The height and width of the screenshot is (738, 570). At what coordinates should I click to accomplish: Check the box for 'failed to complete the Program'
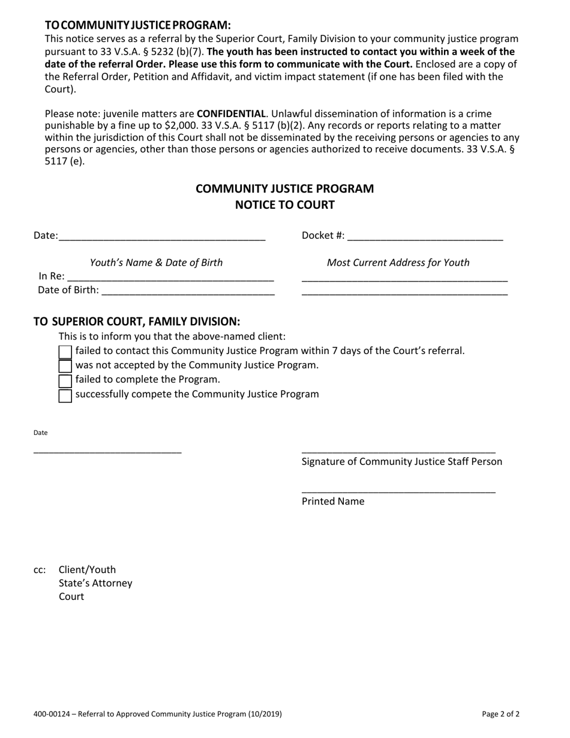coord(65,380)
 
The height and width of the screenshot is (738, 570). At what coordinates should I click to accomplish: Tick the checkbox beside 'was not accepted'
coord(65,366)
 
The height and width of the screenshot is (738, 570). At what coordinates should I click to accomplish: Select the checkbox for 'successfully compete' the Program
coord(65,395)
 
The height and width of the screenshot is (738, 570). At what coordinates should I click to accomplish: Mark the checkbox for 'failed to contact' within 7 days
coord(65,352)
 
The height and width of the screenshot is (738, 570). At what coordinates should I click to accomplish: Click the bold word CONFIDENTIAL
coord(231,113)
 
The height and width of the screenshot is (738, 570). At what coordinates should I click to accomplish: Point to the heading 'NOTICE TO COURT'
coord(284,205)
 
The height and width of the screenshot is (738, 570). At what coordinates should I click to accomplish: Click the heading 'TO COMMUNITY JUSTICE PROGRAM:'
coord(137,25)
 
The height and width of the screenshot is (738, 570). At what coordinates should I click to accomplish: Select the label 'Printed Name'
coord(332,502)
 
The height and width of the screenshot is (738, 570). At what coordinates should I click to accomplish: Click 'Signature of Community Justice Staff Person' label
coord(401,461)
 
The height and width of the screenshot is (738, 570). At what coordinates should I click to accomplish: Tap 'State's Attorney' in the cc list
coord(95,583)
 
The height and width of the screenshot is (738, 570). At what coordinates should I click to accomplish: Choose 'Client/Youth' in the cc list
coord(87,569)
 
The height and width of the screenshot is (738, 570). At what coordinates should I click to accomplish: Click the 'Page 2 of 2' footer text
coord(500,714)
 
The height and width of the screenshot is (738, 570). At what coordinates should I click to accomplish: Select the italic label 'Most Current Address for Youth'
coord(398,263)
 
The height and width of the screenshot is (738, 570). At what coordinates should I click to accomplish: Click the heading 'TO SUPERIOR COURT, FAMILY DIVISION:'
coord(137,322)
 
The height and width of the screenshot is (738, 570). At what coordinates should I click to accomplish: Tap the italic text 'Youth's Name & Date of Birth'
coord(156,263)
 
